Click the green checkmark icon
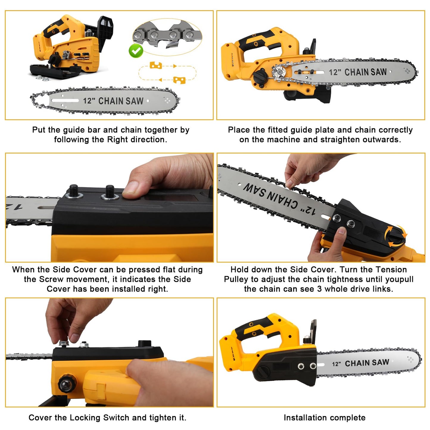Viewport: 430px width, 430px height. (136, 51)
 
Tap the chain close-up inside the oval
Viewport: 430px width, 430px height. (167, 37)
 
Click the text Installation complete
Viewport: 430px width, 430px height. (324, 418)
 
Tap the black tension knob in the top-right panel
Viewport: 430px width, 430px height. (259, 76)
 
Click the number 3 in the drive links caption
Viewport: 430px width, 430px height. (319, 289)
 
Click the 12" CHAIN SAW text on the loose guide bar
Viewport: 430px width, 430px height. (113, 101)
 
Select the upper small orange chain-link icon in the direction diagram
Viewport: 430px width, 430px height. (155, 65)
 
